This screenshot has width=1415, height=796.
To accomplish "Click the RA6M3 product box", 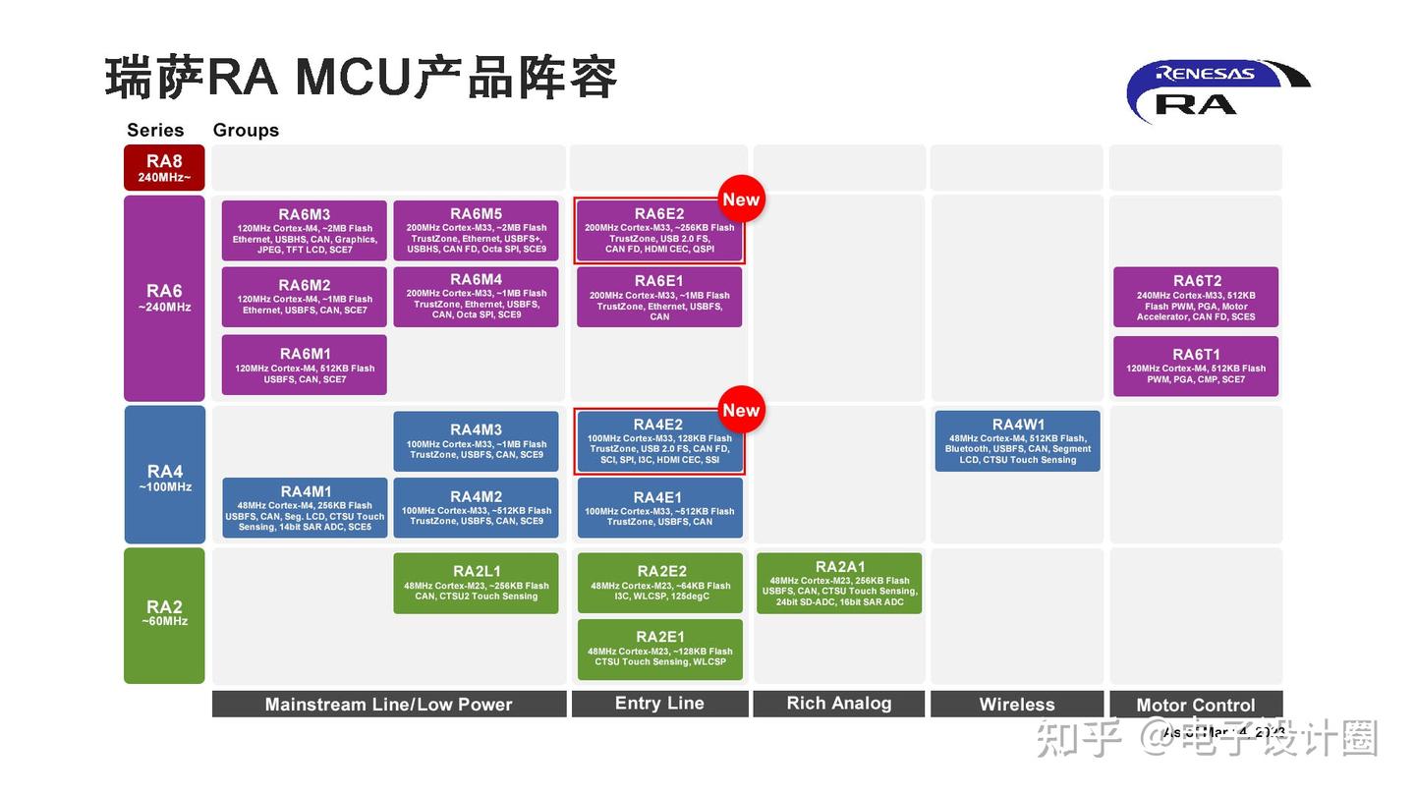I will (x=304, y=231).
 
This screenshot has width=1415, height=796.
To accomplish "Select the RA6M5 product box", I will (x=476, y=231).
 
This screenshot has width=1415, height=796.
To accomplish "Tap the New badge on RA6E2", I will (x=741, y=199).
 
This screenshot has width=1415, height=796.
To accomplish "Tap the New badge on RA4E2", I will (x=741, y=411).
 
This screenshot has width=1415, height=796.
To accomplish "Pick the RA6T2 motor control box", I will (x=1196, y=297).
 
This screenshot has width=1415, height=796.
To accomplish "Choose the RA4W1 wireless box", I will (x=1017, y=441).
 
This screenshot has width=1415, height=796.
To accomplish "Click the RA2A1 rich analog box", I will (x=839, y=584).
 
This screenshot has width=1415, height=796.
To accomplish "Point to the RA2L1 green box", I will (x=476, y=584).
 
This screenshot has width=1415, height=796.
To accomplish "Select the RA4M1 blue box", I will (x=305, y=507).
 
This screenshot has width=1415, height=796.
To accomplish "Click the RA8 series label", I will (x=164, y=167).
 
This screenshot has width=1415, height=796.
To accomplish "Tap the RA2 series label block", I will (x=164, y=615).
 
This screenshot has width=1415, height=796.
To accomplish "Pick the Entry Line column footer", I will (x=659, y=704).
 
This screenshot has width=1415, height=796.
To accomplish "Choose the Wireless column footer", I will (x=1017, y=704).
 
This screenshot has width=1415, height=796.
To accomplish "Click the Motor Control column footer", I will (x=1196, y=705).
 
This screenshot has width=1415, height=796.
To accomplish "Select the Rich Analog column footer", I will (x=839, y=704).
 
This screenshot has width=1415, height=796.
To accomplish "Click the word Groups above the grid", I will (x=246, y=130).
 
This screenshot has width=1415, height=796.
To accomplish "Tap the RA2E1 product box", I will (x=659, y=650).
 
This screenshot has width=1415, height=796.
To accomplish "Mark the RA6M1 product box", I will (x=305, y=365).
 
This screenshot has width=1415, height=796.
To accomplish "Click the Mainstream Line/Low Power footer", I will (x=389, y=704).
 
